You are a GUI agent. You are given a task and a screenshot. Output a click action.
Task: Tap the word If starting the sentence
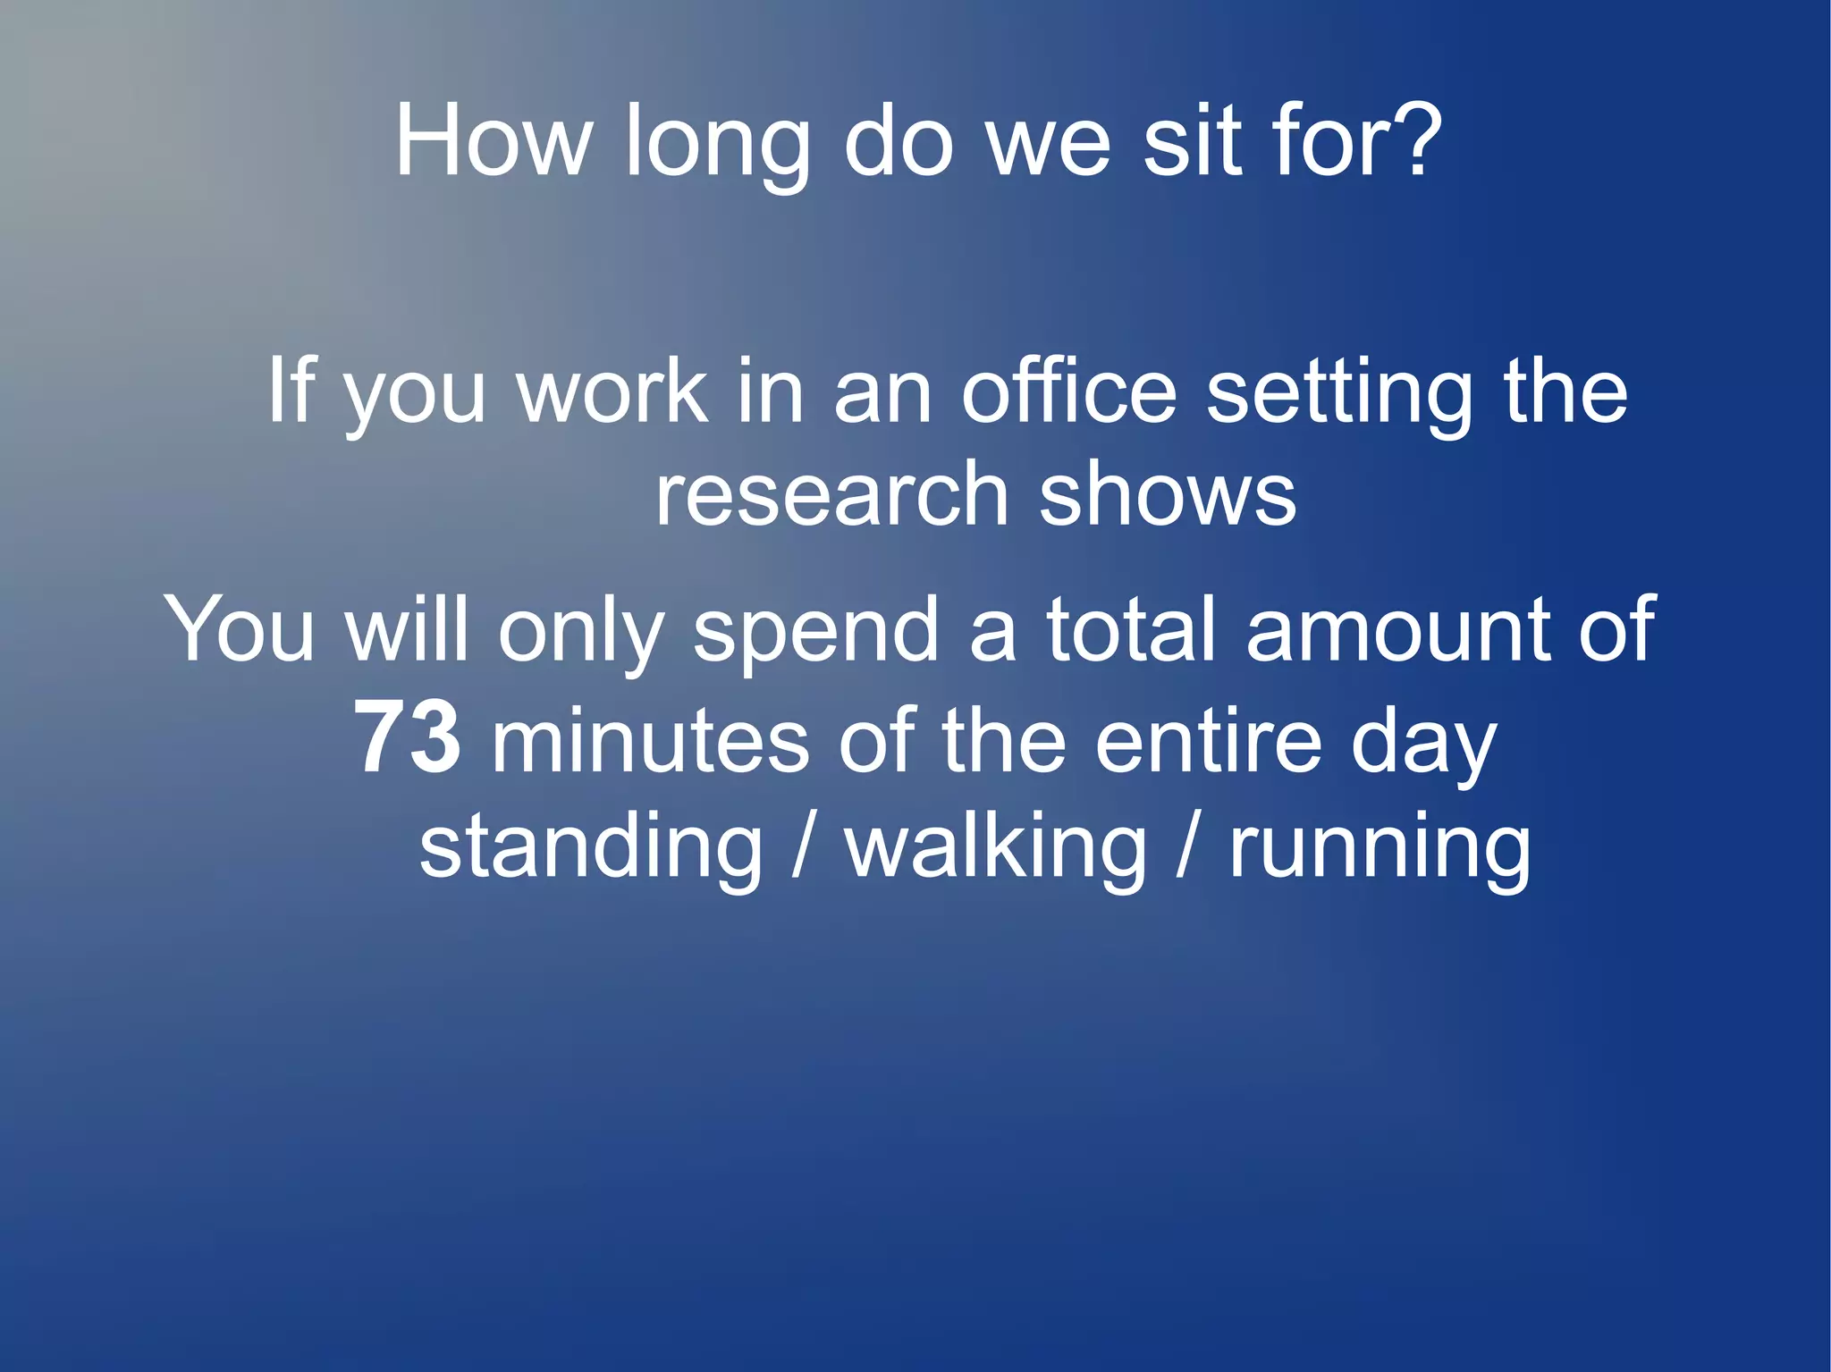291,391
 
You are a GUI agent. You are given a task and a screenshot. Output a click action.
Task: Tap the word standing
591,849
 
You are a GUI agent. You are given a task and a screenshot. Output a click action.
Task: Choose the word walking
996,849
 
